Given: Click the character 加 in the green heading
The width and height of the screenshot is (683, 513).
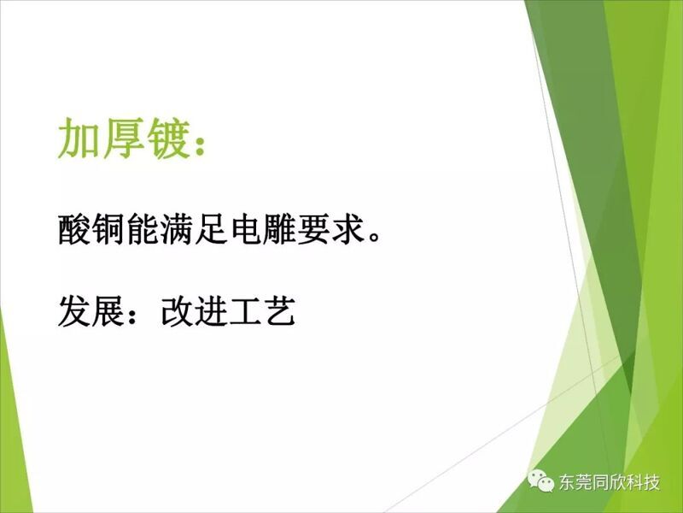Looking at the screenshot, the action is (x=79, y=139).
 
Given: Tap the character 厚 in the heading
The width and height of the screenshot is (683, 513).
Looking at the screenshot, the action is (x=124, y=139).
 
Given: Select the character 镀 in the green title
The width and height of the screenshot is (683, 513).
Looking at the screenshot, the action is (x=168, y=139).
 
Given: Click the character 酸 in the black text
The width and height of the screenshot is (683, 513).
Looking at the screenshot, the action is (x=74, y=229).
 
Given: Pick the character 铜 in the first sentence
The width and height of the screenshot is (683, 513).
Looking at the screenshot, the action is (x=108, y=229).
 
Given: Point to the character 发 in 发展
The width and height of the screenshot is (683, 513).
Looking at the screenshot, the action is (x=74, y=311).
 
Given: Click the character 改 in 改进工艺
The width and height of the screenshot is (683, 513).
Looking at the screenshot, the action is (x=177, y=311).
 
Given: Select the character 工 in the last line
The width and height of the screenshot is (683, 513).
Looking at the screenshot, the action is (x=245, y=311).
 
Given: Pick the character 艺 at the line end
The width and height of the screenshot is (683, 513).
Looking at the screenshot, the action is (x=280, y=311).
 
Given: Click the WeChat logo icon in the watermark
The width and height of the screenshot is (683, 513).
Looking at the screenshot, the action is (x=540, y=481).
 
